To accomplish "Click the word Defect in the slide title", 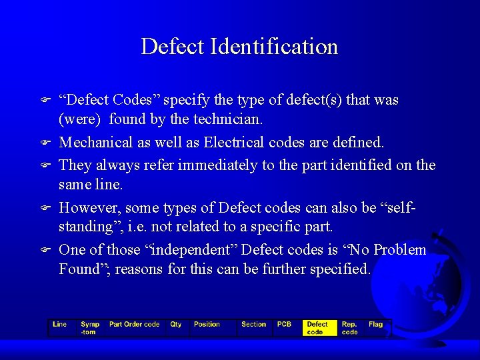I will tap(173, 47).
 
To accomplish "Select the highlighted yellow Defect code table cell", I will tap(317, 328).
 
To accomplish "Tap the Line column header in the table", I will tap(60, 325).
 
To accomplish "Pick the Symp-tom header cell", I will tap(90, 328).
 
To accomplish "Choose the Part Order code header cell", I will tap(134, 325).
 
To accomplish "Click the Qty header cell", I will tap(176, 325).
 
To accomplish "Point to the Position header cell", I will tap(207, 325).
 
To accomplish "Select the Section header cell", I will tap(253, 325).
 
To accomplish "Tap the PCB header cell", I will tap(285, 325).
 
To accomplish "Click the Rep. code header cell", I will tap(350, 328).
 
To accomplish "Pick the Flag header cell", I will tap(376, 325).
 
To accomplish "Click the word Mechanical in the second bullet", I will tap(95, 142).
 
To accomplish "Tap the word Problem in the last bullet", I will tap(400, 250).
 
